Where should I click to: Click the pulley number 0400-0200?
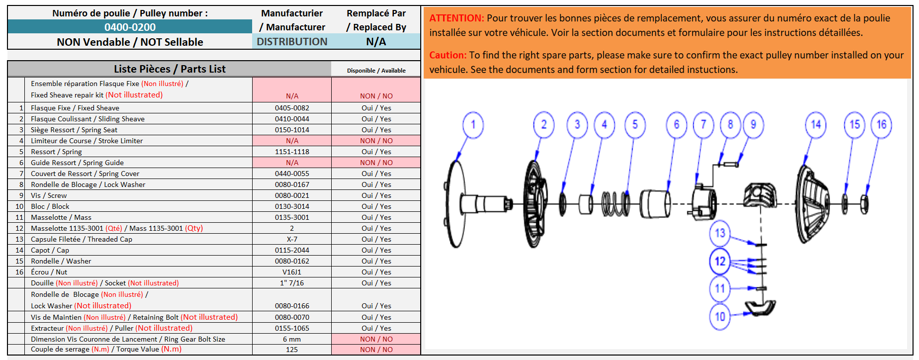coord(130,27)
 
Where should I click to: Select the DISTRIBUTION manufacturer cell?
coord(292,42)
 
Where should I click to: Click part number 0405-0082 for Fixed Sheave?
coord(292,108)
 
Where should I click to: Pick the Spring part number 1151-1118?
coord(292,152)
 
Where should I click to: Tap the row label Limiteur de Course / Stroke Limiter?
coord(87,141)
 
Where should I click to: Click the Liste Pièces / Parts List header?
coord(170,69)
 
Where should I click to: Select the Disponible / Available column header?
coord(376,71)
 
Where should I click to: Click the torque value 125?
coord(292,350)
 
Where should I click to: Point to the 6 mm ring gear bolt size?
coord(292,339)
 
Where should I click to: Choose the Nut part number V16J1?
coord(292,272)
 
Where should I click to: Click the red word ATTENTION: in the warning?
coord(456,18)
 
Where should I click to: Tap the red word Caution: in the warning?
coord(448,55)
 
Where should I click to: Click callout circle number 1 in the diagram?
coord(473,125)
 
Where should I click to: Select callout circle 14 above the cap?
coord(816,125)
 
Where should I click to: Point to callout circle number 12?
coord(720,262)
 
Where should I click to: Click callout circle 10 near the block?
coord(720,316)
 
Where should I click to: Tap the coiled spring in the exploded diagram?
coord(616,203)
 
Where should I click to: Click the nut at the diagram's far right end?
coord(864,204)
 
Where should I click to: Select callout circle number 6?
coord(676,125)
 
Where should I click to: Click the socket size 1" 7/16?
coord(292,283)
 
